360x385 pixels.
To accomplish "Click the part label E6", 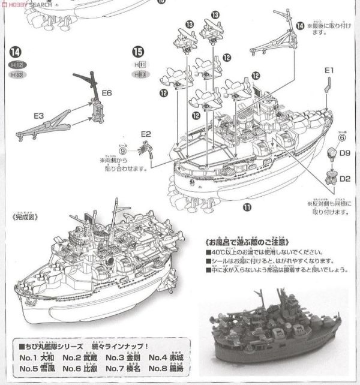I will [x=106, y=93].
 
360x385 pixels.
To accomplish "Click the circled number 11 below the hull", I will [x=246, y=207].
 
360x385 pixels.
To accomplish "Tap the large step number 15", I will [x=138, y=52].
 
